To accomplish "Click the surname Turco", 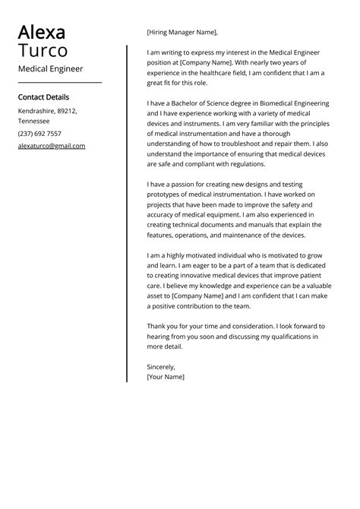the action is coord(43,51).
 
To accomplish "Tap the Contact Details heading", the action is coord(43,97).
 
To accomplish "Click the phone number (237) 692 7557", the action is coord(39,133).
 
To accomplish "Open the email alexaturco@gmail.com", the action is coord(52,146).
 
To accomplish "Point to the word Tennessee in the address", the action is coord(34,121).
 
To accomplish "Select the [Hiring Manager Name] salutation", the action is coord(182,32).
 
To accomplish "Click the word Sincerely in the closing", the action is coord(160,366).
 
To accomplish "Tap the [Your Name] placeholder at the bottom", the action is coord(166,377).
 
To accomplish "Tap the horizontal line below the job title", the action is coord(59,82).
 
